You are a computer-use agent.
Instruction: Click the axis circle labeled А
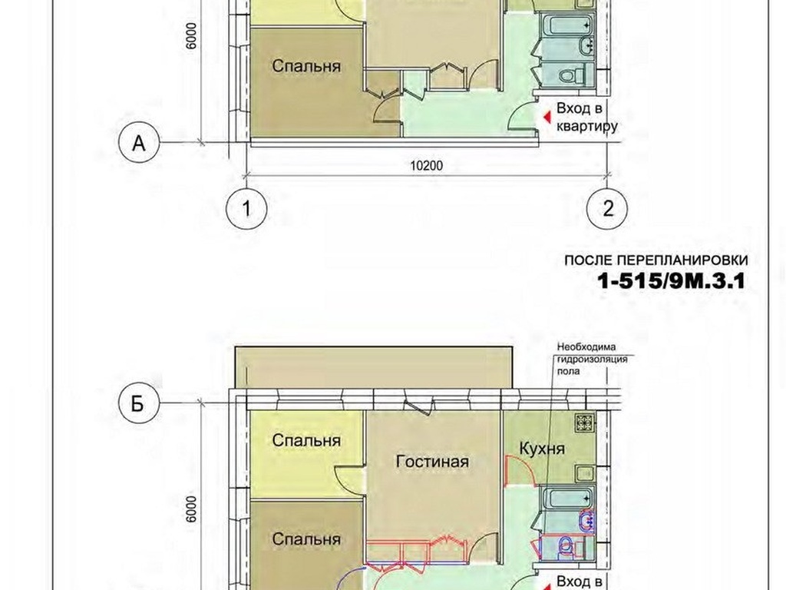pyautogui.click(x=139, y=143)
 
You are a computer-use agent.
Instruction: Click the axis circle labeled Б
pyautogui.click(x=139, y=403)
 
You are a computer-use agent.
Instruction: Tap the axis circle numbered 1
pyautogui.click(x=246, y=207)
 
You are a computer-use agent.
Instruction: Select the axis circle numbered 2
pyautogui.click(x=608, y=207)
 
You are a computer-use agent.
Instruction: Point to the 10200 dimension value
pyautogui.click(x=427, y=165)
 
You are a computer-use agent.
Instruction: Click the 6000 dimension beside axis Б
pyautogui.click(x=191, y=510)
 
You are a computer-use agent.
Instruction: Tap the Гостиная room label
pyautogui.click(x=432, y=461)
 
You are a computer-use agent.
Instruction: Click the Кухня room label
pyautogui.click(x=542, y=448)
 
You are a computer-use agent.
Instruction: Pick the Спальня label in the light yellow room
pyautogui.click(x=306, y=440)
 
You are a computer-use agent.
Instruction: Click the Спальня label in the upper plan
pyautogui.click(x=306, y=66)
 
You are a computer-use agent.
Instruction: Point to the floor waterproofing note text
pyautogui.click(x=592, y=360)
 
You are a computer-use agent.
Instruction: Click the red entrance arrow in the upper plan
pyautogui.click(x=547, y=118)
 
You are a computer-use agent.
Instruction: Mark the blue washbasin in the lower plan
pyautogui.click(x=586, y=521)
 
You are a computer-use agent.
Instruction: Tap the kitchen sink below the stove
pyautogui.click(x=584, y=473)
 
